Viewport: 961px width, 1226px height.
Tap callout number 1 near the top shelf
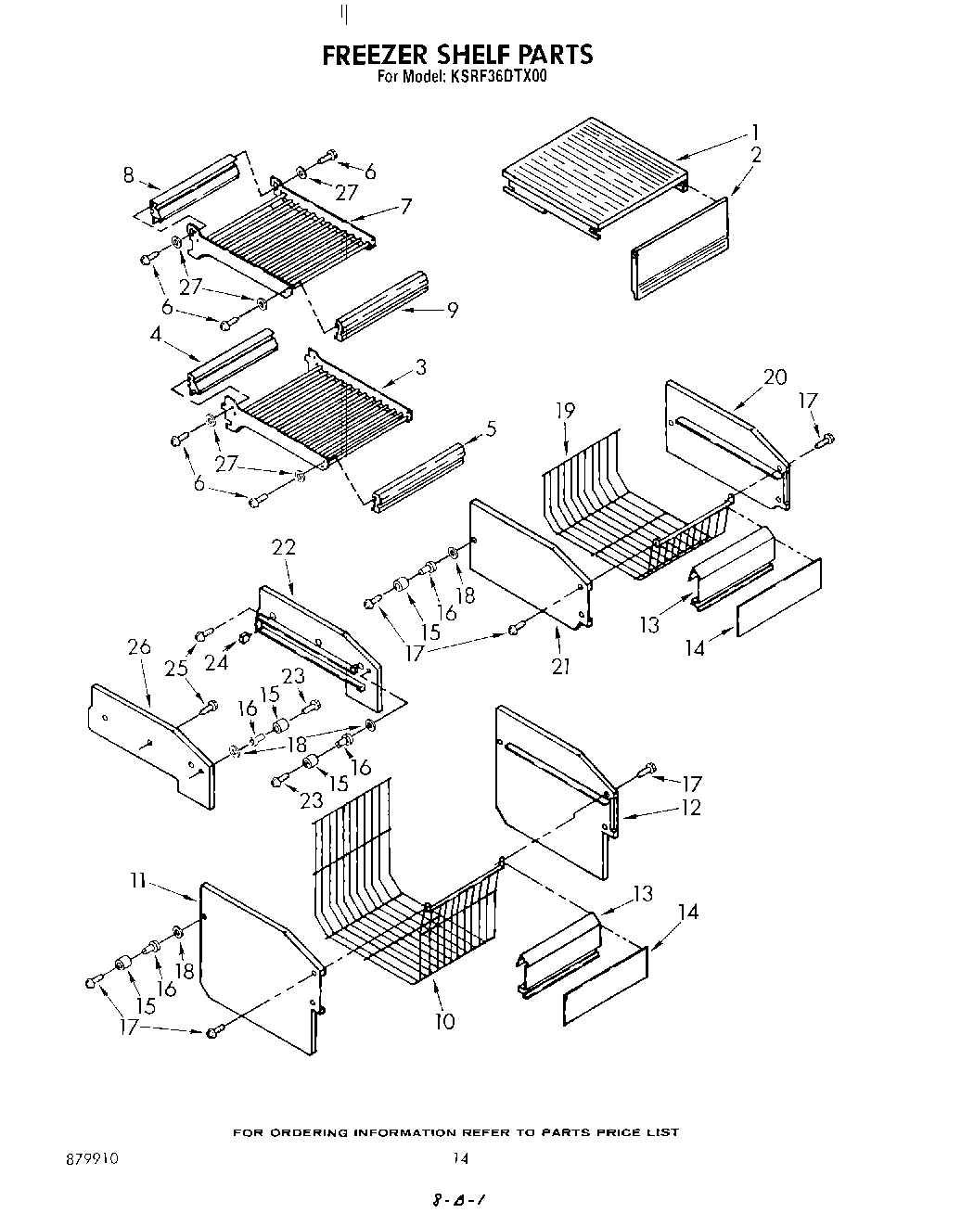tap(756, 132)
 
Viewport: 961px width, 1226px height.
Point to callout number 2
tap(756, 155)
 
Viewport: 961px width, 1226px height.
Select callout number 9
tap(452, 310)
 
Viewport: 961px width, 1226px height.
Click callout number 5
tap(491, 428)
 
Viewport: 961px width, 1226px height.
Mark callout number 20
tap(775, 377)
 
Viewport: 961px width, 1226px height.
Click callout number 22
tap(283, 547)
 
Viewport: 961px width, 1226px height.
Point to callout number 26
tap(139, 646)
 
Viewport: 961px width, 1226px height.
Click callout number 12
tap(690, 808)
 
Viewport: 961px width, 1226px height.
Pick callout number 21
tap(560, 665)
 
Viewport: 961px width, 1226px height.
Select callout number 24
tap(216, 662)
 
